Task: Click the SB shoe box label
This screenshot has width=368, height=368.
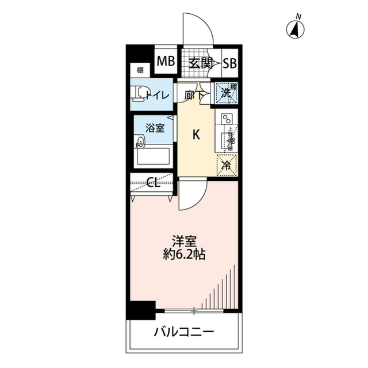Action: [229, 63]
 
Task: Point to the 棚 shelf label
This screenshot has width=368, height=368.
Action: [140, 71]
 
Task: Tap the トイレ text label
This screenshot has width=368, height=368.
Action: [158, 96]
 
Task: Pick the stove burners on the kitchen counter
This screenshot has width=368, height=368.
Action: [227, 120]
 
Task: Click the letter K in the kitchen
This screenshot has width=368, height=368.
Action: [196, 135]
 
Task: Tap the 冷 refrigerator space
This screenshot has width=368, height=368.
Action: [227, 165]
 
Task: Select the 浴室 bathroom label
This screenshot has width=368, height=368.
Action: [154, 128]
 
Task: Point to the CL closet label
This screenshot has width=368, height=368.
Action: [153, 184]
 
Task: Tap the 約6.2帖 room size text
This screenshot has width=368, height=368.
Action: [183, 254]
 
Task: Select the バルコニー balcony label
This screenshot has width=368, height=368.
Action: [184, 332]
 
